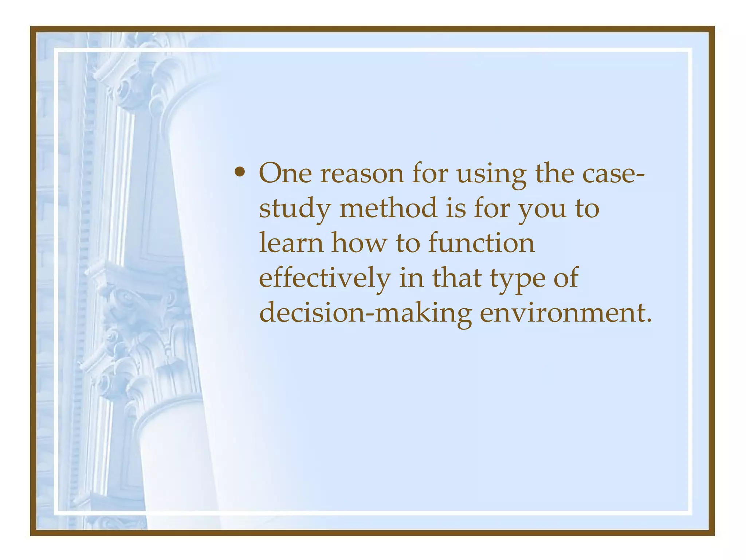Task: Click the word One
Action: (x=285, y=173)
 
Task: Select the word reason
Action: (x=362, y=174)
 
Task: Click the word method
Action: (x=388, y=208)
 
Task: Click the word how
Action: (x=359, y=243)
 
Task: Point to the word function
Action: (x=482, y=243)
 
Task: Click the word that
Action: (x=457, y=278)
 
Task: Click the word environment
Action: (x=561, y=313)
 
